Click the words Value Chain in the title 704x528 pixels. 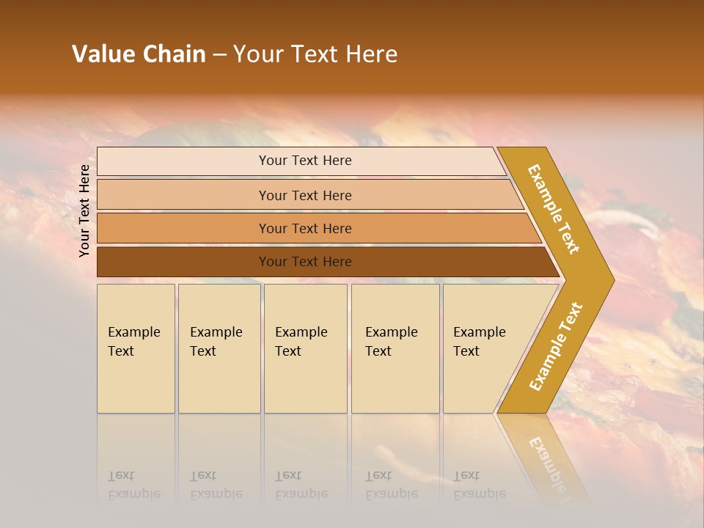[x=139, y=54]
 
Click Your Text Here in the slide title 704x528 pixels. [x=315, y=54]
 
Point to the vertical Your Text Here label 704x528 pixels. [x=84, y=211]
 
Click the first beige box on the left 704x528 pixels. [x=136, y=348]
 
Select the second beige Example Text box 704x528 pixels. [x=219, y=348]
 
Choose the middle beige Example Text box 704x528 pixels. [x=305, y=348]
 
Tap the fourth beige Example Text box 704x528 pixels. [x=395, y=348]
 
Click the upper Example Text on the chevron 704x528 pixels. [x=554, y=209]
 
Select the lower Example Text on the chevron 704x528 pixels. [x=556, y=346]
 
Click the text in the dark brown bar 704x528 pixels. [x=305, y=262]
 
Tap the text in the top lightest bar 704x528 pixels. [x=305, y=161]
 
